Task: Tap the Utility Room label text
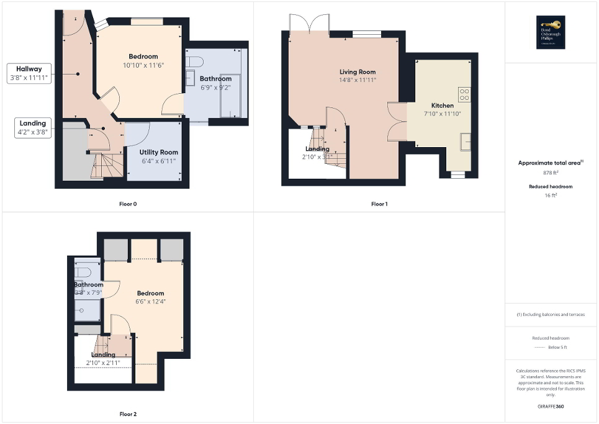tap(158, 152)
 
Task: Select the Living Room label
tap(357, 72)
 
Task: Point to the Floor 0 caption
tap(128, 204)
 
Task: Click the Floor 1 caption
tap(379, 204)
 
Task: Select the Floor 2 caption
tap(128, 413)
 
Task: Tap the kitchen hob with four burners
tap(464, 94)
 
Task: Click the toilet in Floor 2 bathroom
tap(83, 273)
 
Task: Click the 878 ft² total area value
tap(551, 173)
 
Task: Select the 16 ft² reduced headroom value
tap(551, 195)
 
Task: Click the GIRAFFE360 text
tap(551, 407)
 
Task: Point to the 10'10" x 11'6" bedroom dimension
tap(143, 65)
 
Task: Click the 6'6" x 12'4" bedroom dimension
tap(151, 301)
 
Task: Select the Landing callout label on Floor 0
tap(33, 127)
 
